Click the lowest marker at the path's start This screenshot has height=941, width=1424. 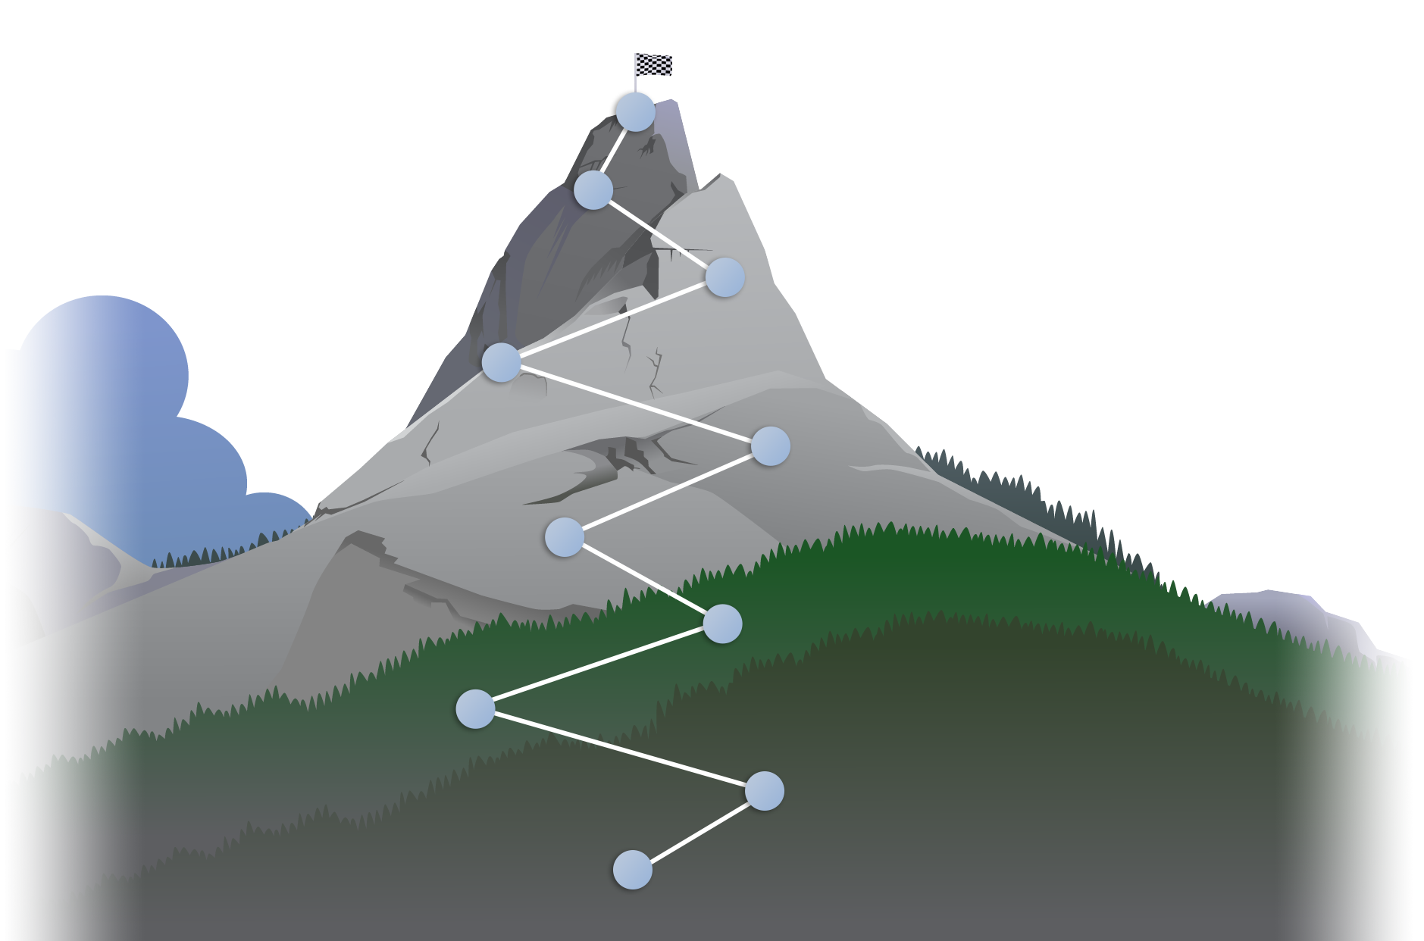(x=632, y=869)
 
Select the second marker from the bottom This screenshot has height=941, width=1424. (x=764, y=791)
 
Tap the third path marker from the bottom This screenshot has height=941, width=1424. (x=475, y=709)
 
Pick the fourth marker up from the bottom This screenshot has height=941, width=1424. (x=722, y=624)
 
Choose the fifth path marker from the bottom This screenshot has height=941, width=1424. (x=565, y=537)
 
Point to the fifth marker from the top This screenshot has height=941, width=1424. (x=770, y=445)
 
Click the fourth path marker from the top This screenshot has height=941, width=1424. (x=501, y=362)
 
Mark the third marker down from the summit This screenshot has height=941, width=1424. (x=725, y=277)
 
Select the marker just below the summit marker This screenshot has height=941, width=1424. (x=593, y=189)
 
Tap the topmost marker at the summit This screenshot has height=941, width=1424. (x=636, y=111)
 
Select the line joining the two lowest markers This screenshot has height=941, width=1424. (x=698, y=830)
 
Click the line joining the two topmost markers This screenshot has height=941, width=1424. (x=615, y=150)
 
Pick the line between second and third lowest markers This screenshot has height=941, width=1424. (x=619, y=750)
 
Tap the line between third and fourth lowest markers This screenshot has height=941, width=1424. (x=599, y=667)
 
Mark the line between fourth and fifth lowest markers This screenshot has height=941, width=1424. (x=643, y=580)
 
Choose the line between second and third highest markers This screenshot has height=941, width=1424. (x=659, y=233)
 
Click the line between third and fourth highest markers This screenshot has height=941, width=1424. (x=612, y=320)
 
